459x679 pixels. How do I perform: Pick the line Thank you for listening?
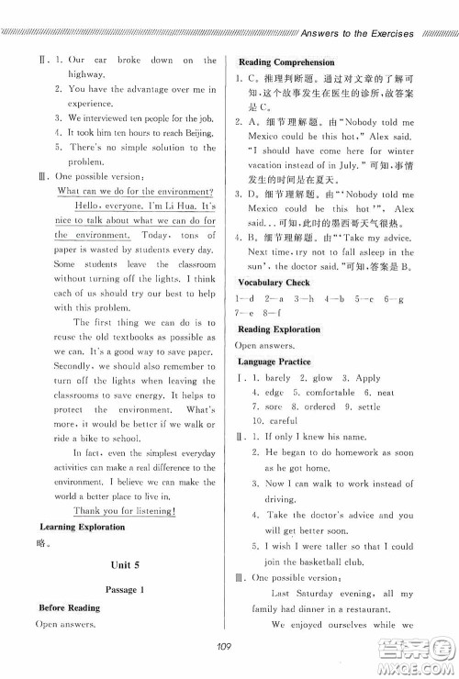tap(125, 510)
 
